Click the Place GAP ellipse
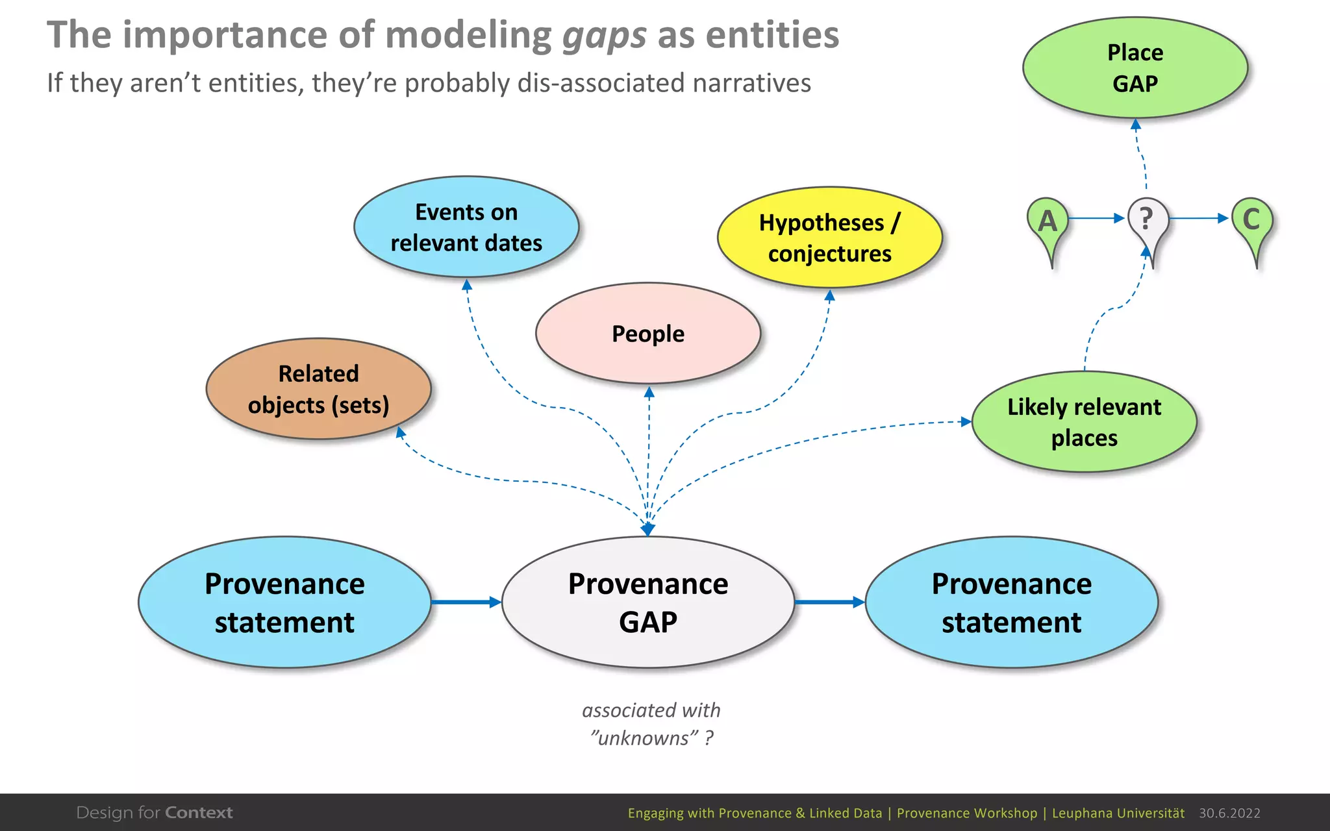click(1135, 68)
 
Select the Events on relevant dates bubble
click(466, 227)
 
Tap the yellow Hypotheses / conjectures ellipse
click(829, 238)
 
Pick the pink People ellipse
click(647, 333)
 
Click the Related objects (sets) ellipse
click(318, 389)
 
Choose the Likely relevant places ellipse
click(1084, 422)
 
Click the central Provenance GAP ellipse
click(647, 602)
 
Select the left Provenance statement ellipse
click(284, 602)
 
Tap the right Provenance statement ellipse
click(1011, 602)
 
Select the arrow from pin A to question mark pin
click(1096, 218)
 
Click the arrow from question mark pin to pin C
click(1198, 218)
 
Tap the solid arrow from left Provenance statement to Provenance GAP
click(466, 602)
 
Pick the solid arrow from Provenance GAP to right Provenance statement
click(829, 602)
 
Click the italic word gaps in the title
click(604, 36)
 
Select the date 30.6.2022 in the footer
click(1229, 813)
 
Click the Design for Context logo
click(155, 813)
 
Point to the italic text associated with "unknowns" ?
click(651, 724)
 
